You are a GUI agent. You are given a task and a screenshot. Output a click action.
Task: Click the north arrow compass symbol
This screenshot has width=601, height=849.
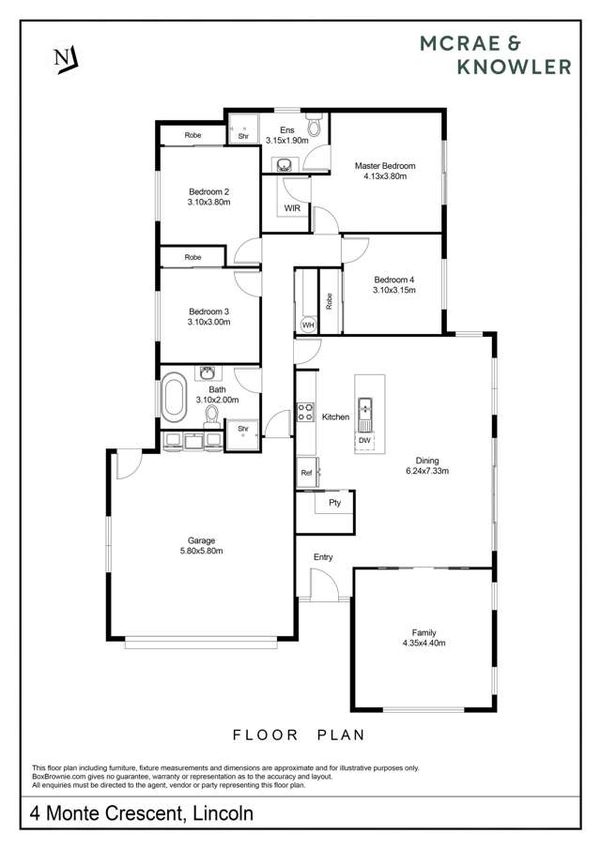(65, 58)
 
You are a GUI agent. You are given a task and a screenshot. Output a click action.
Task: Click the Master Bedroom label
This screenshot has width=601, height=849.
(384, 166)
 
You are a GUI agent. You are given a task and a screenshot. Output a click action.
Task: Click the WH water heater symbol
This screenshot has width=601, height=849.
(308, 325)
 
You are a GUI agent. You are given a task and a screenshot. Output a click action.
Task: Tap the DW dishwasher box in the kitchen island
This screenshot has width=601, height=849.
(364, 440)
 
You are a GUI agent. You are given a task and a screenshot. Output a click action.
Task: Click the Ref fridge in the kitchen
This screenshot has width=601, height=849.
(306, 473)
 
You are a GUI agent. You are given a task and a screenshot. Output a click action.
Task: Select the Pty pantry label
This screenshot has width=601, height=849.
(334, 503)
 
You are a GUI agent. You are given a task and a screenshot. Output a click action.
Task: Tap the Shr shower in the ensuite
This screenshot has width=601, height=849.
(242, 134)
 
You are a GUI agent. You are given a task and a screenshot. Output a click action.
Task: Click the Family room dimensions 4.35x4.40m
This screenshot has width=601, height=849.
(424, 644)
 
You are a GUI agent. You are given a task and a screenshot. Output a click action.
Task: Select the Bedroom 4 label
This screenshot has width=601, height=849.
(393, 280)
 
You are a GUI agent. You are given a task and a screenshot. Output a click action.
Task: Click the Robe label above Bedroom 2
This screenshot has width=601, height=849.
(193, 135)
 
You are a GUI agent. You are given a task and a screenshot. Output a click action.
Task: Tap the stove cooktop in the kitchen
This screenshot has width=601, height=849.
(305, 413)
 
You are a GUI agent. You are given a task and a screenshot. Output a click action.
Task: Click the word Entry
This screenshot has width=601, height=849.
(323, 557)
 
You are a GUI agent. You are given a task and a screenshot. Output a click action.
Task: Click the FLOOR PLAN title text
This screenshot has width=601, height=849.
(301, 735)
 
